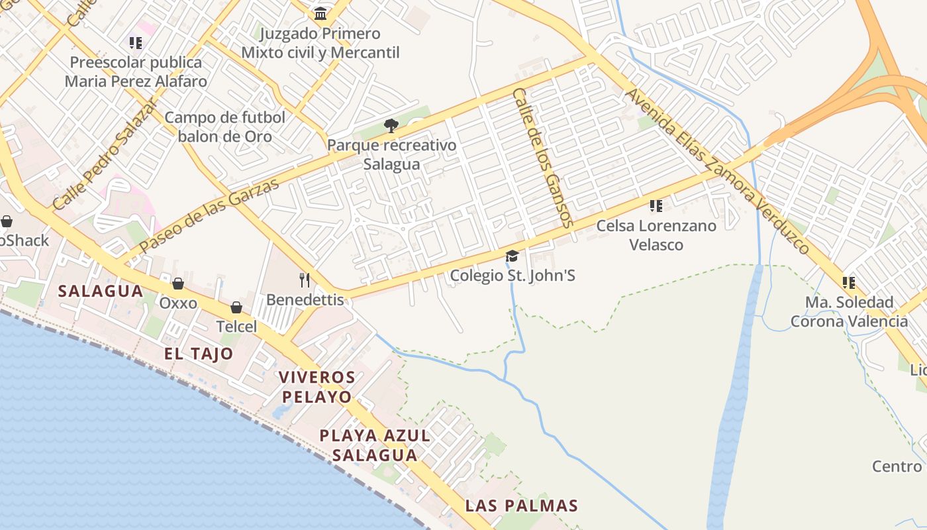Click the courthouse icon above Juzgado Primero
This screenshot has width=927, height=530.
[320, 13]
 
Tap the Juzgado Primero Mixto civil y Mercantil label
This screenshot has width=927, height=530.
[320, 43]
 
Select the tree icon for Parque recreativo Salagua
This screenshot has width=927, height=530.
[391, 126]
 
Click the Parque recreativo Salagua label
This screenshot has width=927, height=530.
[391, 154]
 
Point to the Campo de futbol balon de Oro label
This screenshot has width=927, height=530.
[225, 127]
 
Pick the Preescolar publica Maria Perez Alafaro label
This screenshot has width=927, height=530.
[136, 72]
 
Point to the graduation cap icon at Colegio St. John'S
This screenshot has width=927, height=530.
[512, 256]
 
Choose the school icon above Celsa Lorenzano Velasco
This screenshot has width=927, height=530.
[656, 206]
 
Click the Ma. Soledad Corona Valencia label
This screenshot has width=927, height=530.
[849, 311]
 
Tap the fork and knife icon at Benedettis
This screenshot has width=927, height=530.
[305, 280]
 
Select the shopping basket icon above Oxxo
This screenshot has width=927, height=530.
[178, 284]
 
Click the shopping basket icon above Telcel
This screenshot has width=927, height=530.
[236, 307]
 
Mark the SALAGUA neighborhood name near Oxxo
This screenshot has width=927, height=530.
[101, 291]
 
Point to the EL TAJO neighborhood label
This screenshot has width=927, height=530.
[199, 353]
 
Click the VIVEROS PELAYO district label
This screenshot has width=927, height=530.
[317, 387]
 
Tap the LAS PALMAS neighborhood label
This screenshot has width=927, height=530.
[521, 505]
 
